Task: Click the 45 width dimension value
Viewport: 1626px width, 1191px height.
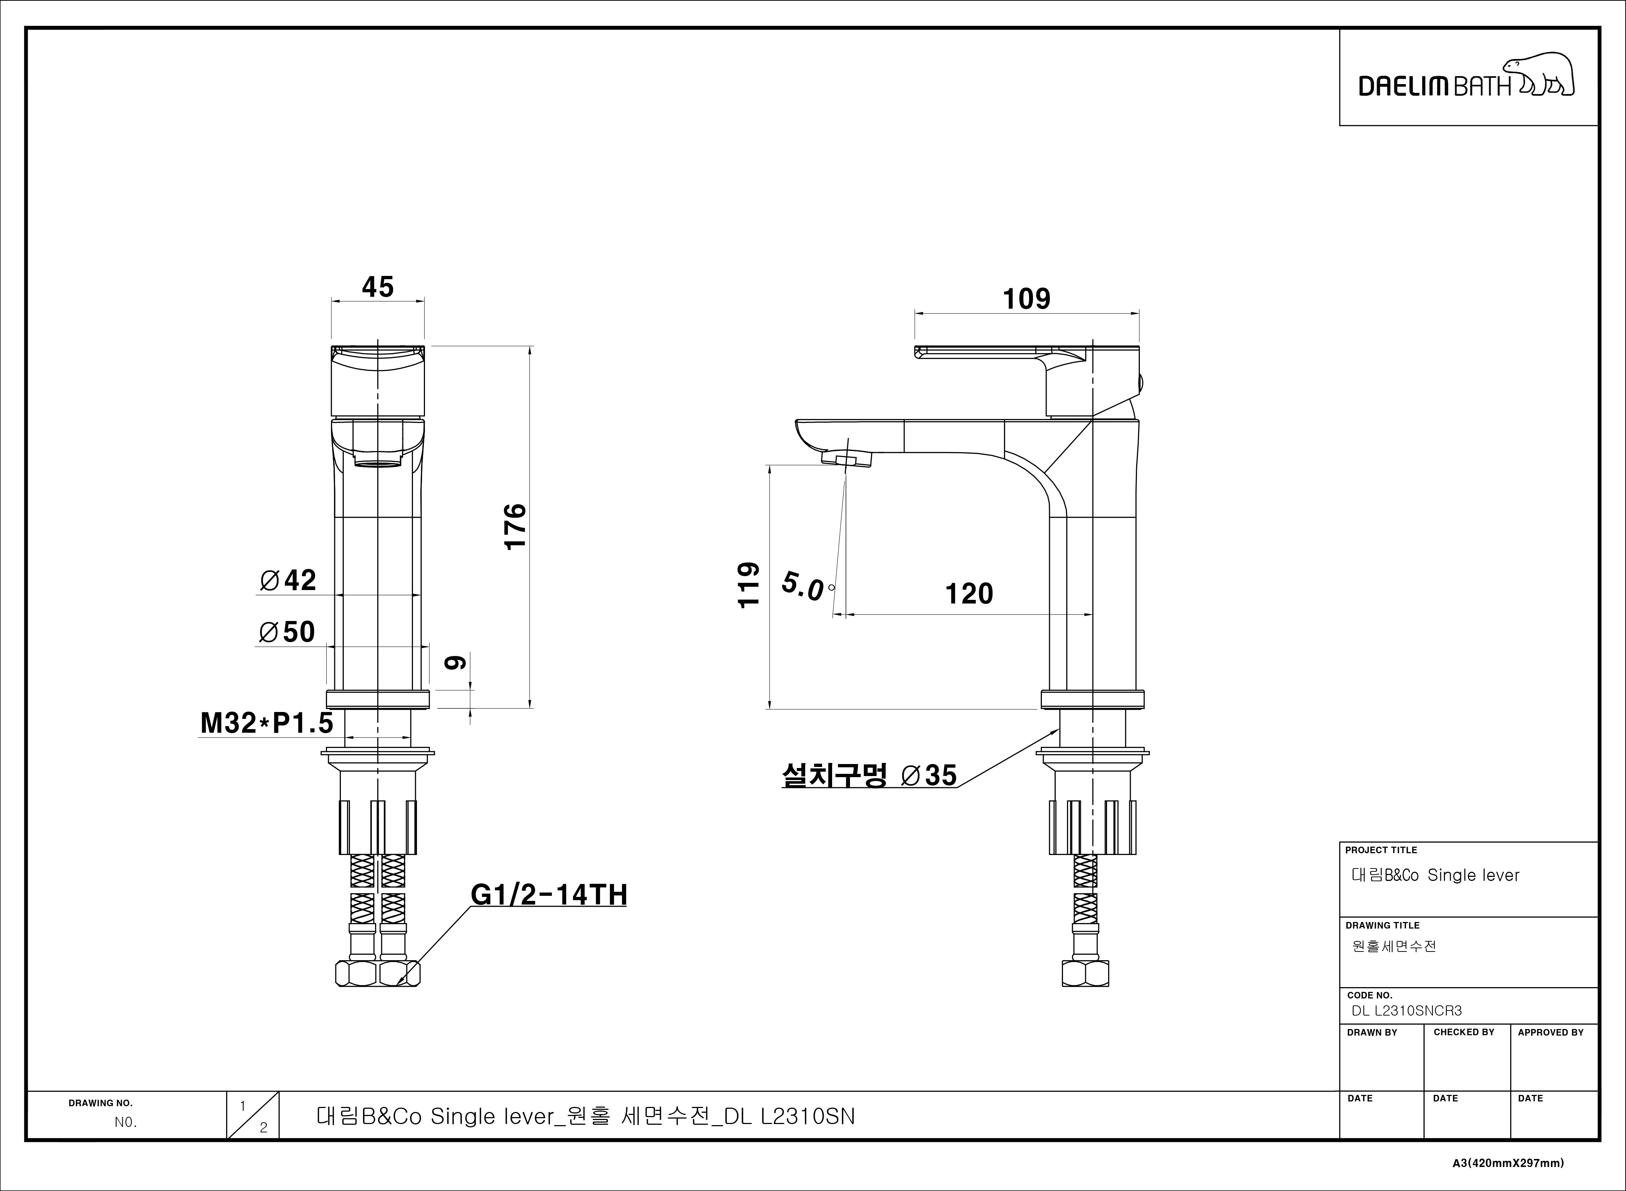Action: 378,287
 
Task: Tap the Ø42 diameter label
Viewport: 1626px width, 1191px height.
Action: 288,580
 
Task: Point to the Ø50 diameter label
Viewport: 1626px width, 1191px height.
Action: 287,632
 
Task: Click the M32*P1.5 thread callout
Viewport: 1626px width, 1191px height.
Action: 267,723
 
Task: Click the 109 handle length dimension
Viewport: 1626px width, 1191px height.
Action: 1027,298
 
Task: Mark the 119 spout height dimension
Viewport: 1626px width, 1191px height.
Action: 749,585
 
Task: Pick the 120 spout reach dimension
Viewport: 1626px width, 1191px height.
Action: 969,594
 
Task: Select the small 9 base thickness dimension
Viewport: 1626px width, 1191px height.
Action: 455,662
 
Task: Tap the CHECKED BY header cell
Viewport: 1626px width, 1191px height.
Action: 1464,1032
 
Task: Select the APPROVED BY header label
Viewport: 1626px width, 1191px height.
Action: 1550,1032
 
